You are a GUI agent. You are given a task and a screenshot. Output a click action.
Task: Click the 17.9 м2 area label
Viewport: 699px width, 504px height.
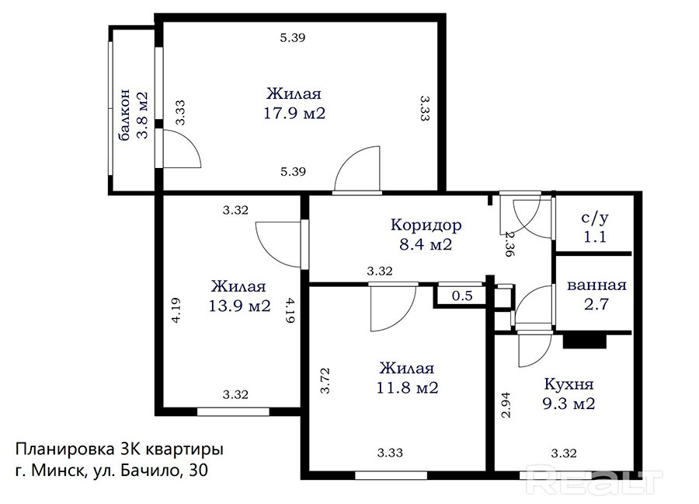coord(294,113)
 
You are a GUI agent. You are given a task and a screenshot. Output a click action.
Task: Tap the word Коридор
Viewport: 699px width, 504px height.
coord(426,225)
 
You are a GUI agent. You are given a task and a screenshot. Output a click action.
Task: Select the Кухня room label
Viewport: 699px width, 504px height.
coord(569,384)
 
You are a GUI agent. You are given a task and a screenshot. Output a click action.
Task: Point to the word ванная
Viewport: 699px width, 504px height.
coord(596,285)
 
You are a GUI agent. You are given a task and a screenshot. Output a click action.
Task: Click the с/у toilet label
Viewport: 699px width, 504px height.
coord(595,218)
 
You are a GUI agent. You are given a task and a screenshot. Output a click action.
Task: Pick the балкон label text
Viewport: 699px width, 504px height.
coord(124,115)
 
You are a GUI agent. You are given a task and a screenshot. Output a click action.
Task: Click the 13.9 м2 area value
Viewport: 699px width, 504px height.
coord(239,306)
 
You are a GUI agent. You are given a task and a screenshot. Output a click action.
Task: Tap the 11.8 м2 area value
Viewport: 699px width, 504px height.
coord(408,387)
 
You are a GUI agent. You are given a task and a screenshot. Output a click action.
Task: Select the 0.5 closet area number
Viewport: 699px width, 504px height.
coord(462,296)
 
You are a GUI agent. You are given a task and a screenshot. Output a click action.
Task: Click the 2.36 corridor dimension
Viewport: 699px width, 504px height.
coord(509,243)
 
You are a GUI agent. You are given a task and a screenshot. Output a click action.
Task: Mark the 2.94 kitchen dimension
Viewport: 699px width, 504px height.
coord(506,405)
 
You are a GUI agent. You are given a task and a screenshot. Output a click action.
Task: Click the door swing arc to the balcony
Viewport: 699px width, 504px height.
coord(193,143)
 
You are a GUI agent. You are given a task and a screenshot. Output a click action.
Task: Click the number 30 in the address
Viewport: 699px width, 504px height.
coord(198,470)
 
